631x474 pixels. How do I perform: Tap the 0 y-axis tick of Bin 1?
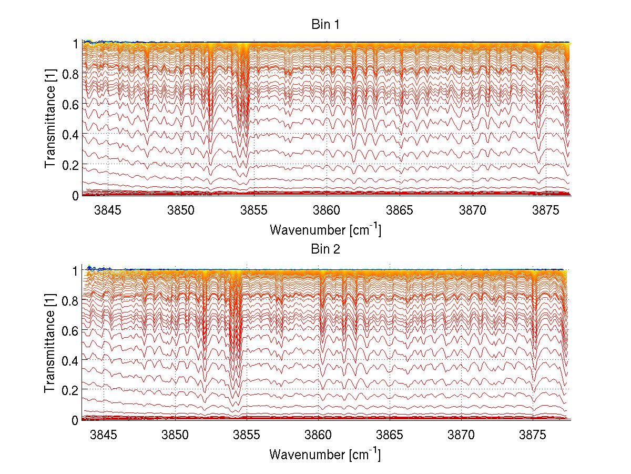(x=76, y=195)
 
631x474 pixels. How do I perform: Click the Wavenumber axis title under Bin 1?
(x=325, y=229)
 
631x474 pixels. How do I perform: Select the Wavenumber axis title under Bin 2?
(x=325, y=454)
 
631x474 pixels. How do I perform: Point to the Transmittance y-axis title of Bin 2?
(x=50, y=344)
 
